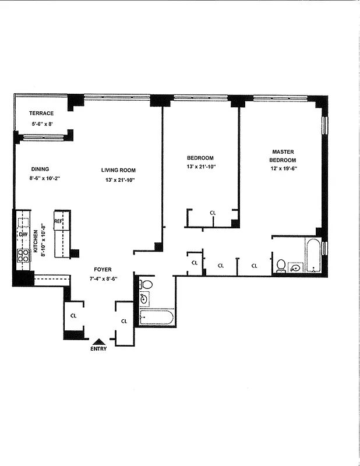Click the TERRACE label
click(x=42, y=113)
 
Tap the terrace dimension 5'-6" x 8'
click(x=42, y=124)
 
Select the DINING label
click(x=40, y=169)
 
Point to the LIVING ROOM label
click(x=118, y=170)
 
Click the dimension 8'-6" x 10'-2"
click(x=44, y=179)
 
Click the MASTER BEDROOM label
click(x=283, y=156)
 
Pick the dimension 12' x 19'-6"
click(x=283, y=170)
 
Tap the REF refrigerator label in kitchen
click(x=58, y=221)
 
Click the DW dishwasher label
click(x=23, y=234)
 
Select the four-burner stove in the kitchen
click(x=24, y=255)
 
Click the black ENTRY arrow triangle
click(x=99, y=342)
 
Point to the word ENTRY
click(x=99, y=349)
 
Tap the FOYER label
click(x=103, y=270)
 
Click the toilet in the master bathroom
click(x=281, y=265)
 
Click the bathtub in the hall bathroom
click(x=156, y=317)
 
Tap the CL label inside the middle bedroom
click(x=213, y=213)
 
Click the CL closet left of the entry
click(x=73, y=315)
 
